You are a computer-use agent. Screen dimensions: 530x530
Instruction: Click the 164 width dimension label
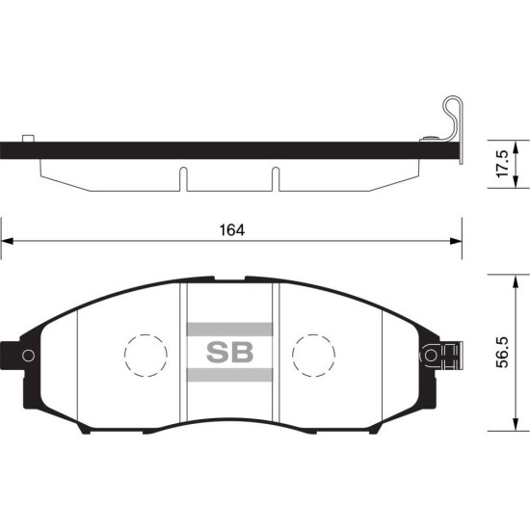pyautogui.click(x=232, y=230)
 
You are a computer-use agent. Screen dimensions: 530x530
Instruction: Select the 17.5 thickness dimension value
pyautogui.click(x=502, y=164)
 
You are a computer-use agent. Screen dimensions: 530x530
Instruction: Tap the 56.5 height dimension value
pyautogui.click(x=502, y=352)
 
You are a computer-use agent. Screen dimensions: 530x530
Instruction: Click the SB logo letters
pyautogui.click(x=230, y=352)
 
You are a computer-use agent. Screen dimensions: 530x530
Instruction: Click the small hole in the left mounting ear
pyautogui.click(x=28, y=356)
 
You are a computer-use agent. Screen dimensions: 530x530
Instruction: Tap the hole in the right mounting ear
pyautogui.click(x=431, y=356)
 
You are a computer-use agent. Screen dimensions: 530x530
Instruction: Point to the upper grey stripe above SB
pyautogui.click(x=230, y=330)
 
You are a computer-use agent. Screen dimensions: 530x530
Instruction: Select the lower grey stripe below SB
pyautogui.click(x=230, y=375)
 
